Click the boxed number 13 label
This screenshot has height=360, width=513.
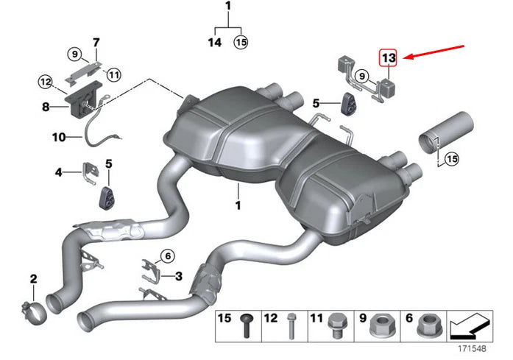pos(388,57)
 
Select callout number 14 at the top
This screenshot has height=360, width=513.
pos(214,43)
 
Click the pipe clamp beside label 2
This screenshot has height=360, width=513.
pos(32,308)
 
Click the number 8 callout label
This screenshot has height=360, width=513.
pos(46,106)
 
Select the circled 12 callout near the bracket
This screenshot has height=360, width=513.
pos(46,81)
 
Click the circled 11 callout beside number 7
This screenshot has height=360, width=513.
pos(113,74)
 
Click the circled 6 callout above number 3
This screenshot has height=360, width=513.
pos(167,255)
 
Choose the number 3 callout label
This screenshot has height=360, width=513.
pos(178,275)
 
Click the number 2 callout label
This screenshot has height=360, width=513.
pos(33,278)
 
